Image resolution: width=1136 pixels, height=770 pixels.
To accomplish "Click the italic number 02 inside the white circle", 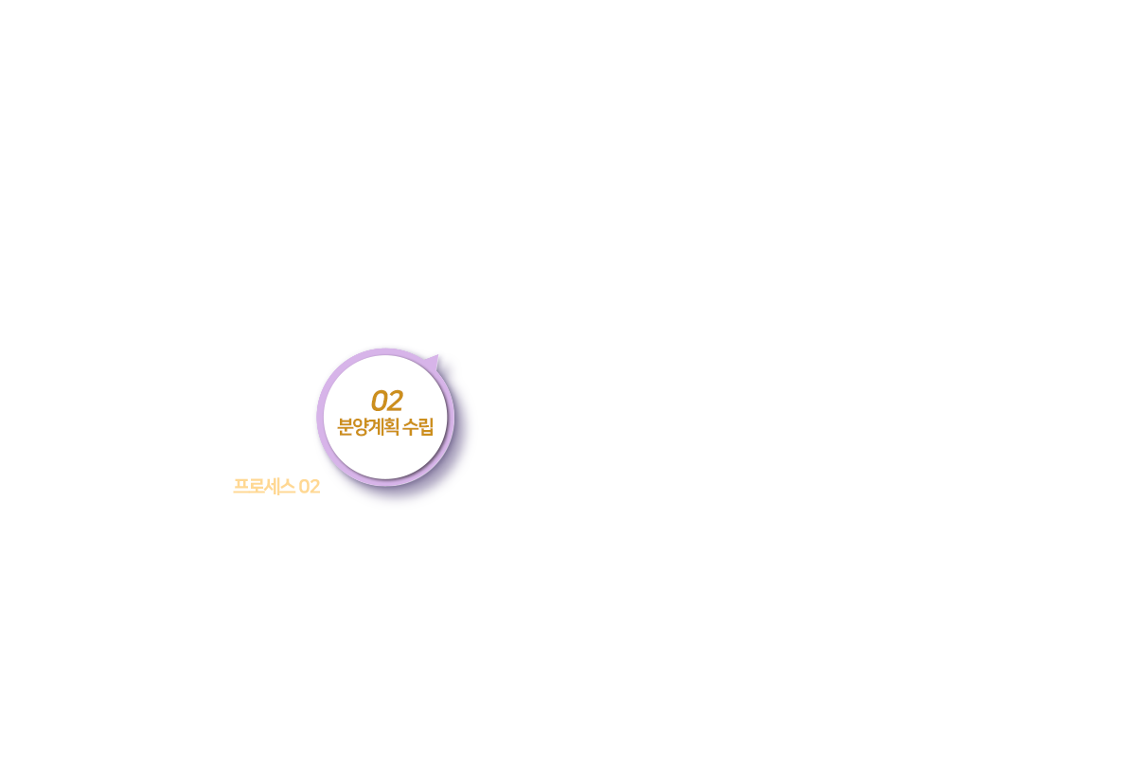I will pyautogui.click(x=386, y=401).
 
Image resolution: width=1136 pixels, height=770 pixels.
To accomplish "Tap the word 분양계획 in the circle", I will pyautogui.click(x=368, y=426).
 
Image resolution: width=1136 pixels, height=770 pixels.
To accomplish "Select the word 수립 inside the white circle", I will pyautogui.click(x=418, y=426).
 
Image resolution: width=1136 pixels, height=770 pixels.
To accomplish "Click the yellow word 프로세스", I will pyautogui.click(x=263, y=487).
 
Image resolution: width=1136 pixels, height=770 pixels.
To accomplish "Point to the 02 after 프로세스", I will pyautogui.click(x=309, y=487).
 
